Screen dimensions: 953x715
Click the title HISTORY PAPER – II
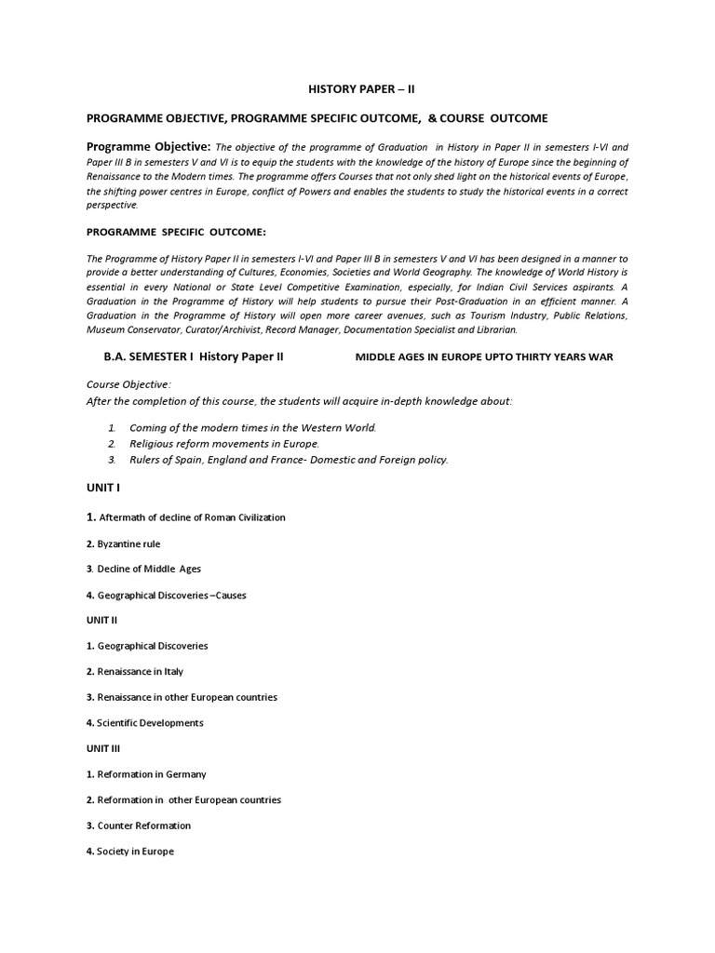click(x=357, y=91)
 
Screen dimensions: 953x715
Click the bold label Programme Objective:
click(x=149, y=147)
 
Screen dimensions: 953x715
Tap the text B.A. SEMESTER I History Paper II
click(x=194, y=357)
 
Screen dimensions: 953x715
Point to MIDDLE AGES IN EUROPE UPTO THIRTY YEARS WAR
click(x=484, y=358)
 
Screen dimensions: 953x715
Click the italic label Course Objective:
click(x=128, y=384)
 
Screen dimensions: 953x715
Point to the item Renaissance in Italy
click(x=140, y=671)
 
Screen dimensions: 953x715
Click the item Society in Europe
click(x=135, y=851)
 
